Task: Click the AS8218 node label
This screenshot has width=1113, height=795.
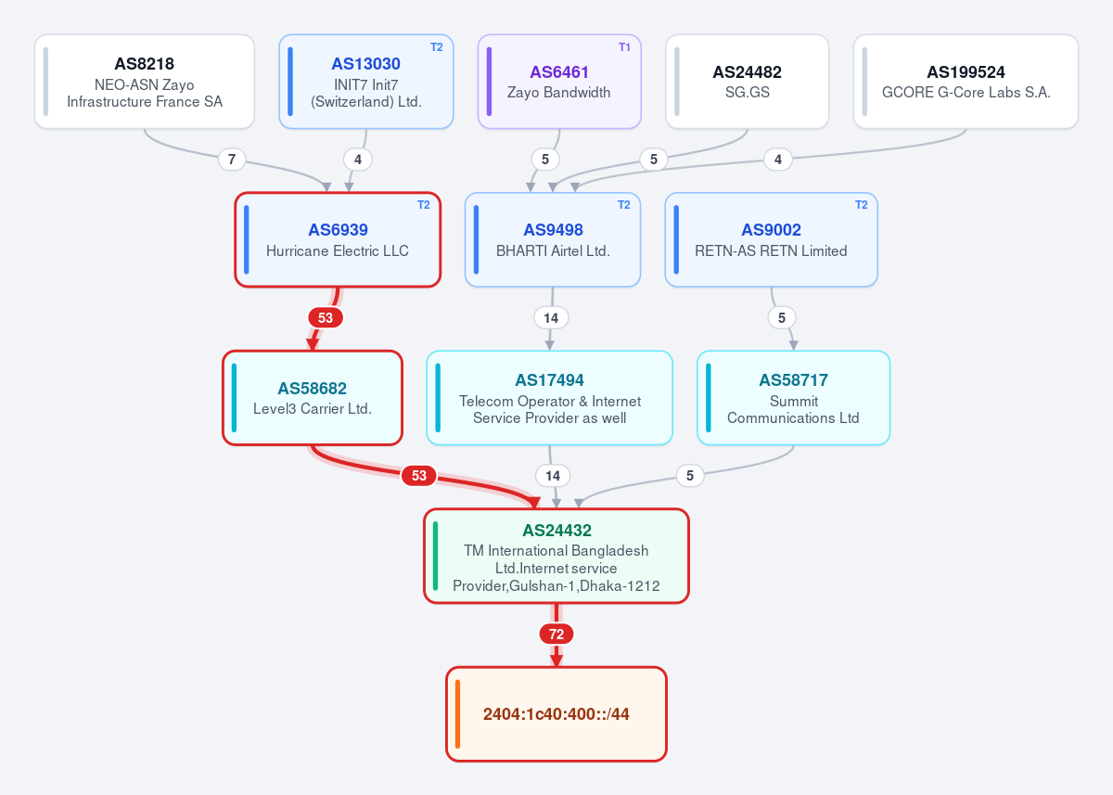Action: click(x=144, y=64)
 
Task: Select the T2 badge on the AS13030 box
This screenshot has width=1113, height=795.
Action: click(x=436, y=47)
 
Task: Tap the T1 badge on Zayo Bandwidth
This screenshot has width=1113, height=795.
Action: click(x=624, y=47)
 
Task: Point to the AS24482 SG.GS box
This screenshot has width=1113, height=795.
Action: click(x=747, y=82)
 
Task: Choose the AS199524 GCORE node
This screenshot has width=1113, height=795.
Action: click(x=966, y=82)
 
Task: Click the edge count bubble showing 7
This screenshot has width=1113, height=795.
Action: click(x=232, y=160)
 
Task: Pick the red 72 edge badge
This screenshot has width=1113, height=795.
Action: click(x=556, y=634)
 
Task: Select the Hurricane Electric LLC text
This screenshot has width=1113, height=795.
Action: click(x=338, y=250)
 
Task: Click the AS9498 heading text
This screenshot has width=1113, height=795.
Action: click(x=553, y=229)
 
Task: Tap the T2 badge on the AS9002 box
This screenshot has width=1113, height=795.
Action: click(x=861, y=205)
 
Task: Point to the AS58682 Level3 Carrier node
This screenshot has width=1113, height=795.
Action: click(x=312, y=398)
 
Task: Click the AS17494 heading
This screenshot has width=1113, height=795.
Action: click(x=549, y=380)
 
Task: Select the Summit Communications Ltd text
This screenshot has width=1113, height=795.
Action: click(x=793, y=409)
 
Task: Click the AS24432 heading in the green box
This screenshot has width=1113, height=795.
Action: click(x=556, y=531)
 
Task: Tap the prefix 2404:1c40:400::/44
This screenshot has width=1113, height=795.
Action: click(x=556, y=714)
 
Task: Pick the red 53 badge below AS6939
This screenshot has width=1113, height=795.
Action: click(x=326, y=317)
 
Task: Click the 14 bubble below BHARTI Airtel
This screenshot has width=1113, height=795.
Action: click(x=551, y=317)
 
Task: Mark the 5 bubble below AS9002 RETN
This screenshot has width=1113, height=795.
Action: click(x=782, y=317)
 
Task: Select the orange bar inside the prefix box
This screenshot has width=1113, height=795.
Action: click(x=457, y=714)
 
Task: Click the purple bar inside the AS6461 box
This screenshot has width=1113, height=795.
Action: click(x=489, y=82)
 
